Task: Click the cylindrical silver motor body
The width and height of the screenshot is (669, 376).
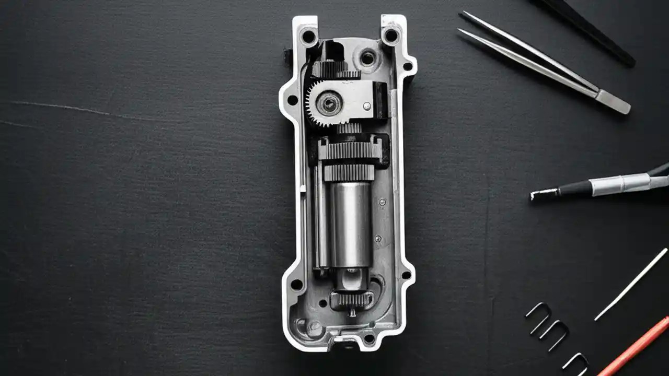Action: click(x=350, y=225)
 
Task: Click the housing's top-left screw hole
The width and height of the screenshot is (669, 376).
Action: click(x=308, y=37)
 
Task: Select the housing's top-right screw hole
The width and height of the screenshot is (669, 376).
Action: click(x=390, y=36)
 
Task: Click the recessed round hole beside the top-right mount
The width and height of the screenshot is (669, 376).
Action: click(x=367, y=58)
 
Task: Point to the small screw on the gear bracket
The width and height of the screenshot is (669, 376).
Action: click(x=367, y=106)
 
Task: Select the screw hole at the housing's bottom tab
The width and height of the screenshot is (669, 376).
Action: click(x=369, y=338)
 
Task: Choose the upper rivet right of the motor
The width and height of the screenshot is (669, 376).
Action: click(x=383, y=202)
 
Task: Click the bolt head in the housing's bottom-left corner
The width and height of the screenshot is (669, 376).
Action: click(x=314, y=328)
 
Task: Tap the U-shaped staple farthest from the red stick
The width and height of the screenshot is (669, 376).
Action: click(x=539, y=316)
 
